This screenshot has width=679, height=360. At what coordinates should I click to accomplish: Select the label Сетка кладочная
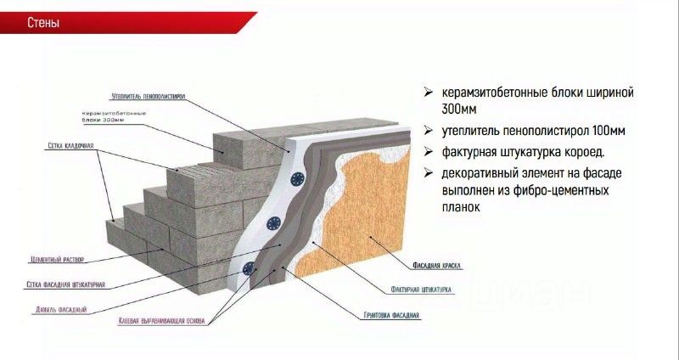coord(70,147)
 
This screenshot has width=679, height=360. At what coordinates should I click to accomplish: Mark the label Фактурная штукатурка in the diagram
coord(421,290)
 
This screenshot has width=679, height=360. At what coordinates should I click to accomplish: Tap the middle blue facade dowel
coord(274,223)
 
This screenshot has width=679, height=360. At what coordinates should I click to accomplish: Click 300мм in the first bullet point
coord(460,110)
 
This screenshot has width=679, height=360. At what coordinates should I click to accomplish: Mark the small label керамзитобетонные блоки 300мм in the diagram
coord(114,116)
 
